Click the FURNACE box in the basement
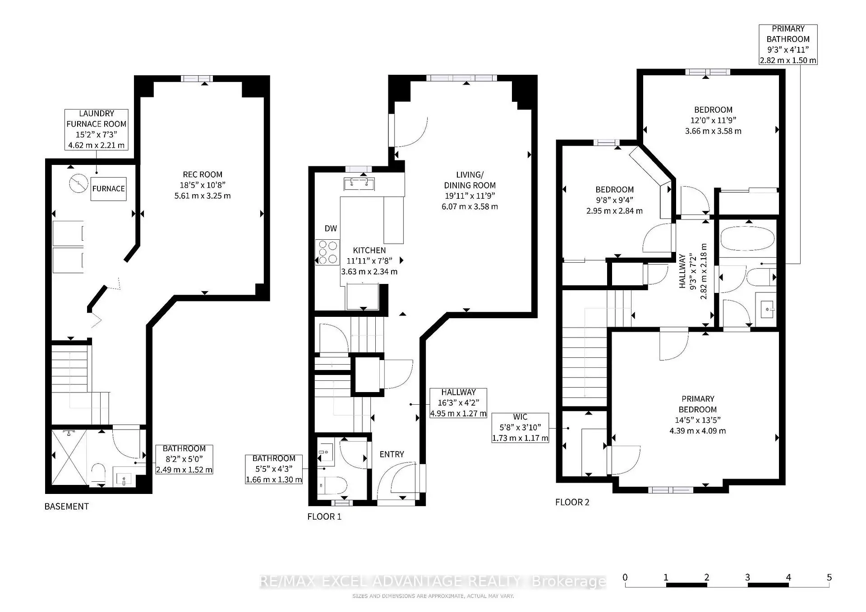108,189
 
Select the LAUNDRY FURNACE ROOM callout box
97,129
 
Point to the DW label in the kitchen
331,228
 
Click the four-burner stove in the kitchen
327,252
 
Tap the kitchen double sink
359,183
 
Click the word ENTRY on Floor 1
392,454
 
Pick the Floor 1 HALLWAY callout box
458,403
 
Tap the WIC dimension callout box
520,428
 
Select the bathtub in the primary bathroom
747,238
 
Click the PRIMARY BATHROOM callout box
788,45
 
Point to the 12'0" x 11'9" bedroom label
713,120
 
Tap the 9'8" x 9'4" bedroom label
614,200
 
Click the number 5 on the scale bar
829,577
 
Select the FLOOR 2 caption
572,502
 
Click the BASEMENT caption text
66,507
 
